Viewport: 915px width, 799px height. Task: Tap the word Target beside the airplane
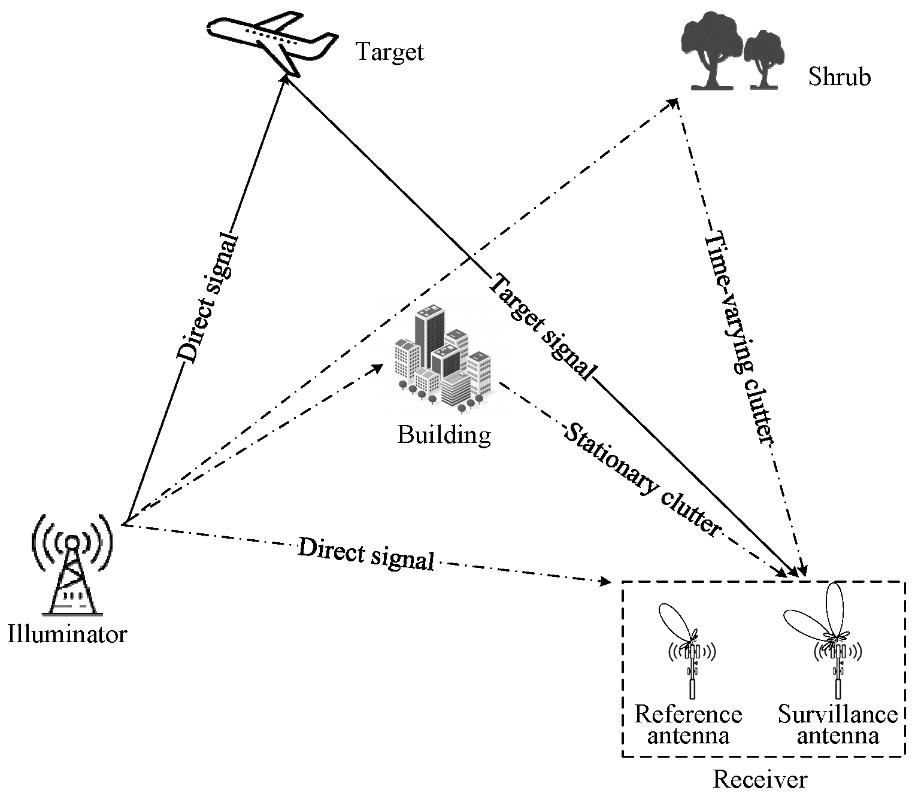(x=390, y=52)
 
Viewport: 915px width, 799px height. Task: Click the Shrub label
(x=839, y=77)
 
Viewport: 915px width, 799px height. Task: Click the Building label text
(x=444, y=435)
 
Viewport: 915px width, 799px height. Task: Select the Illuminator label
(x=67, y=634)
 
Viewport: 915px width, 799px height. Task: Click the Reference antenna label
(x=688, y=725)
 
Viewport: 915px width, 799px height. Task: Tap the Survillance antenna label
(x=837, y=725)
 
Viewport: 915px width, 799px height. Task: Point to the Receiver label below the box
(x=760, y=779)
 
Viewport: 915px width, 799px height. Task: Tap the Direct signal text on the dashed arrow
(x=366, y=554)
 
